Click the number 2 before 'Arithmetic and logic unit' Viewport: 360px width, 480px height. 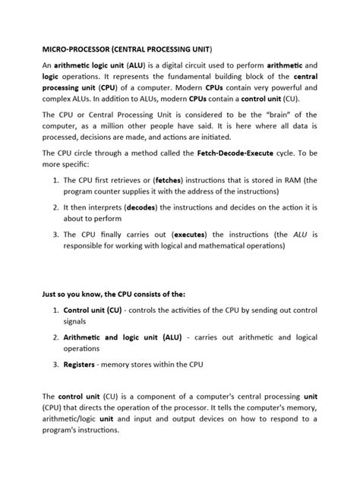pyautogui.click(x=55, y=337)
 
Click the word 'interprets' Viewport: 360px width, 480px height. pyautogui.click(x=112, y=227)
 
